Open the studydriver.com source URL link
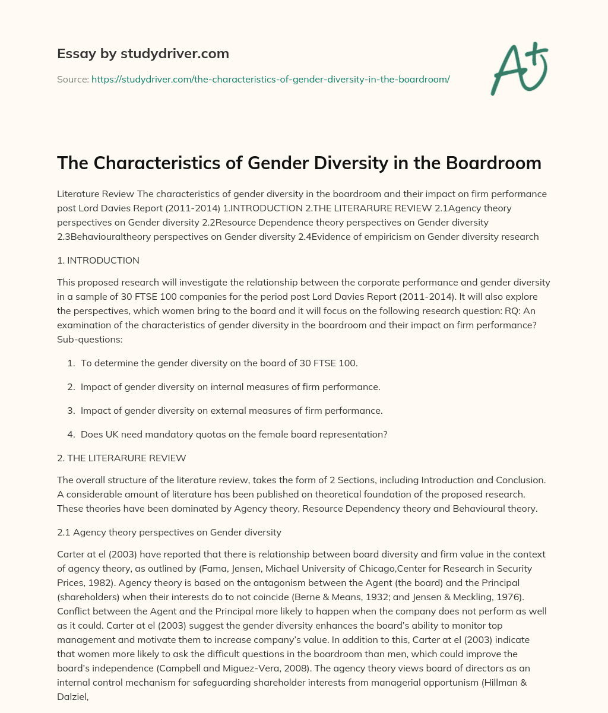270,79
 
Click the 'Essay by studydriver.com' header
142,53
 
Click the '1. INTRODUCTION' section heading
98,260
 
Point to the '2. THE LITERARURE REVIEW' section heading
121,458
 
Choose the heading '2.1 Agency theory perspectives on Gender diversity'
169,532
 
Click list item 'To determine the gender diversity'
219,363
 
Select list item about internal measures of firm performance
230,386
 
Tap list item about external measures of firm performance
232,410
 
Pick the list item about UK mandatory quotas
234,434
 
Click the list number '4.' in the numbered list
71,434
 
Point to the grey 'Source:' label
72,79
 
